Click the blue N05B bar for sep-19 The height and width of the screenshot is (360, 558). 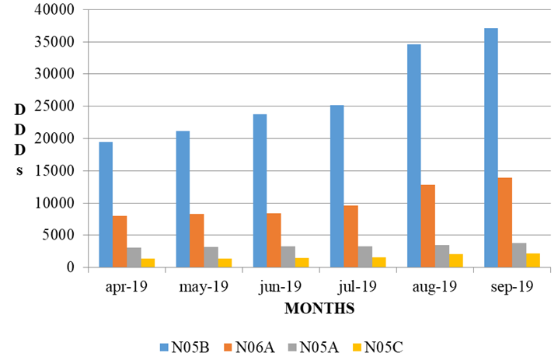(x=490, y=148)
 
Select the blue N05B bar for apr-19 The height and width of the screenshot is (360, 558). (x=105, y=204)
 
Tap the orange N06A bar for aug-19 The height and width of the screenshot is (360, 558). (x=427, y=225)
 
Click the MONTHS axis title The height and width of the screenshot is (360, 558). (x=319, y=309)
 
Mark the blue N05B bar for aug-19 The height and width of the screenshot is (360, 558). (x=413, y=156)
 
